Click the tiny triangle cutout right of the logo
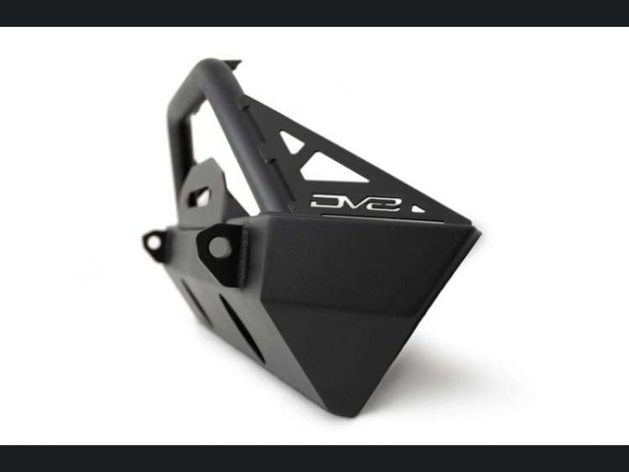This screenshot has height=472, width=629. pos(417,209)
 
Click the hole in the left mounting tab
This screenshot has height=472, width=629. pos(153,242)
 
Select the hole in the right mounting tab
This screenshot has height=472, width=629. pos(220,247)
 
